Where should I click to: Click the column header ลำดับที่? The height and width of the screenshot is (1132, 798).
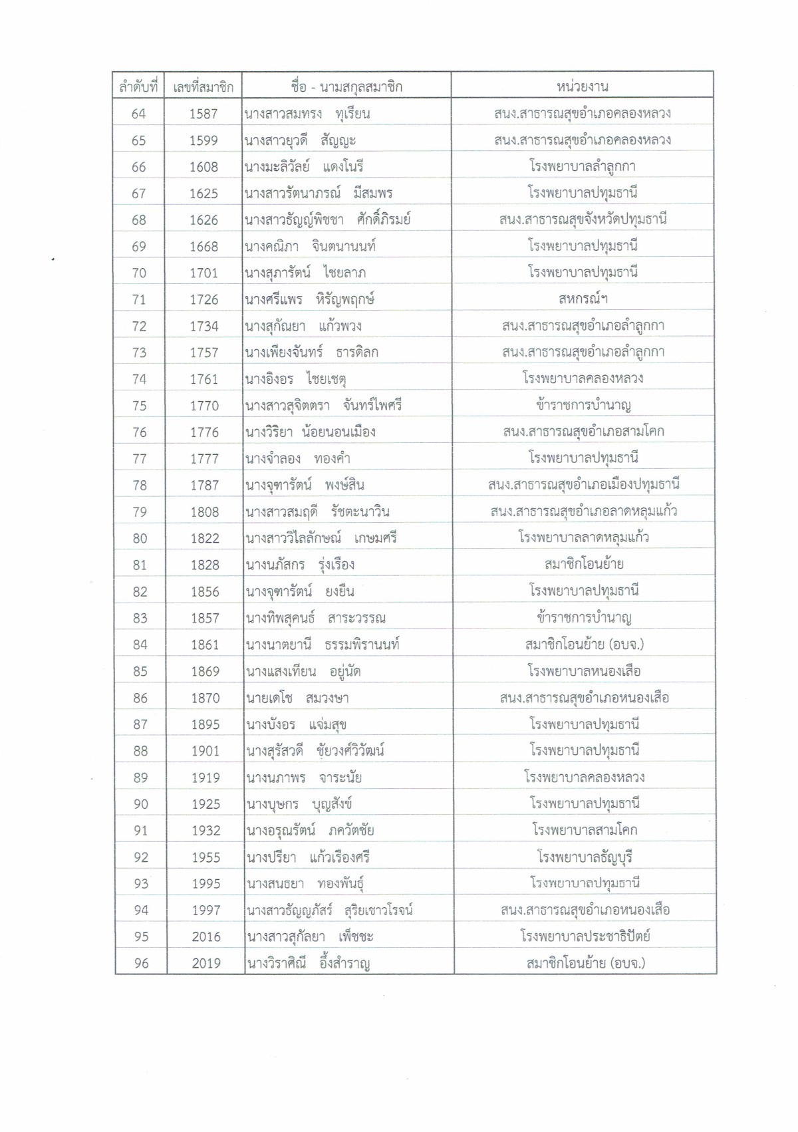(138, 86)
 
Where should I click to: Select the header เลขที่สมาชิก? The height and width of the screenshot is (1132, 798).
(203, 86)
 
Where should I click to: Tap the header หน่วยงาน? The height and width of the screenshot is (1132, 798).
(582, 86)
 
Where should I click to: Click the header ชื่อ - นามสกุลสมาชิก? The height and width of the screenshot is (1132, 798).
(346, 86)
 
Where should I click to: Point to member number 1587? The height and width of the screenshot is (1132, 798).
(203, 114)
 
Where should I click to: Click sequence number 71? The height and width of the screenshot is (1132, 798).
(139, 299)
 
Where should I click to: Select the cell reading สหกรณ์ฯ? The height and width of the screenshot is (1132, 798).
(583, 299)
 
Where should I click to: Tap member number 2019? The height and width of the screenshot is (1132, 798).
(206, 963)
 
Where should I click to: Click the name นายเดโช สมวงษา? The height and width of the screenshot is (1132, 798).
(297, 698)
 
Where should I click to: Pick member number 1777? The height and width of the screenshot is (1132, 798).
(204, 458)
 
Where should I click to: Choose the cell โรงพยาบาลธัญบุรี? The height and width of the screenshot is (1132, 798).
(585, 857)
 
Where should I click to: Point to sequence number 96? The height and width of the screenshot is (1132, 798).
(141, 963)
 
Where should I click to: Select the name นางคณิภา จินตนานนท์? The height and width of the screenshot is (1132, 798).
(310, 246)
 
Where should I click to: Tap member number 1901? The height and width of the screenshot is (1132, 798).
(205, 751)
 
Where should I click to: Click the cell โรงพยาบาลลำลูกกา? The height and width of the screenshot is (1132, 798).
(583, 166)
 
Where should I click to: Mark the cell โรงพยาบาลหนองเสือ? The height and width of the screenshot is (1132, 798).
(585, 671)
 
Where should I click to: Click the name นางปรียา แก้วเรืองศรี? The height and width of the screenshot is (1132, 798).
(308, 857)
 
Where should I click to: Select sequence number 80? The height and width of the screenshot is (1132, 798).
(140, 538)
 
